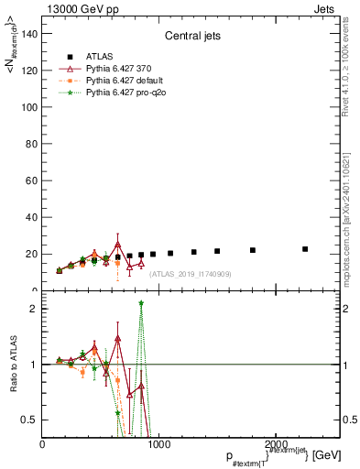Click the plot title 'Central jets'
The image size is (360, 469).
pos(191,37)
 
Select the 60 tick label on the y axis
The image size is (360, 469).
pos(30,180)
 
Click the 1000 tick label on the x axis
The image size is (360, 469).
pos(159,443)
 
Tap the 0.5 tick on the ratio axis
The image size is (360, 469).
pos(29,420)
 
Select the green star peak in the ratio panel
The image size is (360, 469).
pos(141,303)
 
